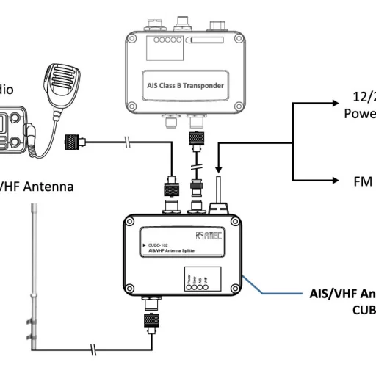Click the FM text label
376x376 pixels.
(353, 181)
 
